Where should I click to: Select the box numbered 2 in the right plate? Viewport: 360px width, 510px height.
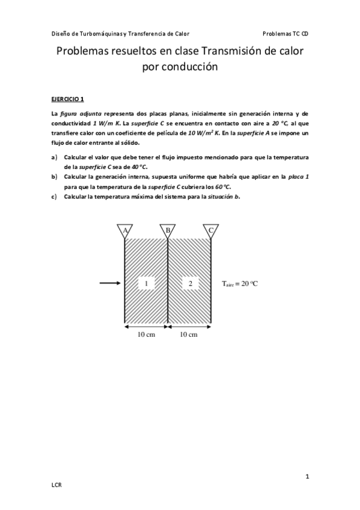pyautogui.click(x=190, y=283)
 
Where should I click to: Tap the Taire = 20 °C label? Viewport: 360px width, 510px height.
pyautogui.click(x=239, y=283)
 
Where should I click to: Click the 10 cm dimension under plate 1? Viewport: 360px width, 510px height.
pyautogui.click(x=146, y=335)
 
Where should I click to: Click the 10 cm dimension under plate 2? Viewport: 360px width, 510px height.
pyautogui.click(x=189, y=335)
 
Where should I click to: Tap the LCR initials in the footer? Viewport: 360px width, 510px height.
pyautogui.click(x=56, y=484)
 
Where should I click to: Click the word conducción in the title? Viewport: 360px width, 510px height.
pyautogui.click(x=180, y=68)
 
